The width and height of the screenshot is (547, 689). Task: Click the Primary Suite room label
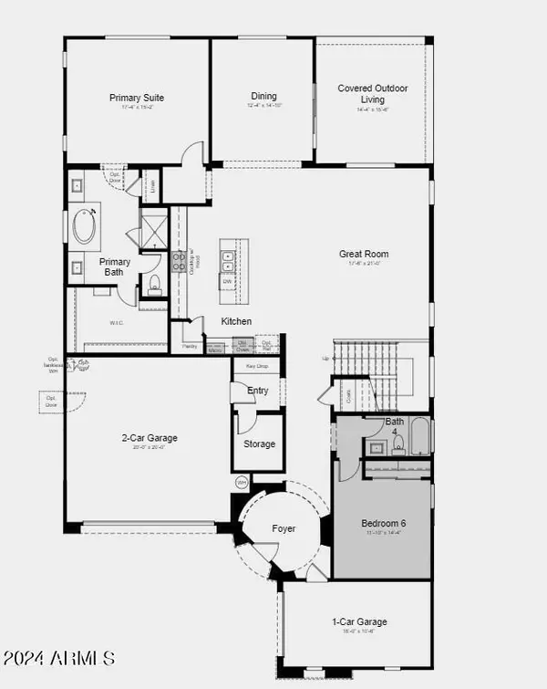137,98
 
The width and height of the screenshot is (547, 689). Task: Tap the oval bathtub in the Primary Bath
86,226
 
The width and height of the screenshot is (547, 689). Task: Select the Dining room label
263,96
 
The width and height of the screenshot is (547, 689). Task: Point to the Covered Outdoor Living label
373,93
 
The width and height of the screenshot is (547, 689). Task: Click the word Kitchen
236,321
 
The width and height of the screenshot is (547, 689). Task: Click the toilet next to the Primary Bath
154,284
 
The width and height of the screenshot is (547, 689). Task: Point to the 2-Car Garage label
150,438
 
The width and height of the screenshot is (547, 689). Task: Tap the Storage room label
259,444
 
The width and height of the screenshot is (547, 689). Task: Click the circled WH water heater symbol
242,481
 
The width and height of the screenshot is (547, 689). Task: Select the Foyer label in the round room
284,528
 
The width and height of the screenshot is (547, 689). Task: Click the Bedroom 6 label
382,523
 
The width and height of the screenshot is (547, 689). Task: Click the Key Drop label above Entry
256,365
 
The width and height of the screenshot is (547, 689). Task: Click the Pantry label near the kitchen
190,347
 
